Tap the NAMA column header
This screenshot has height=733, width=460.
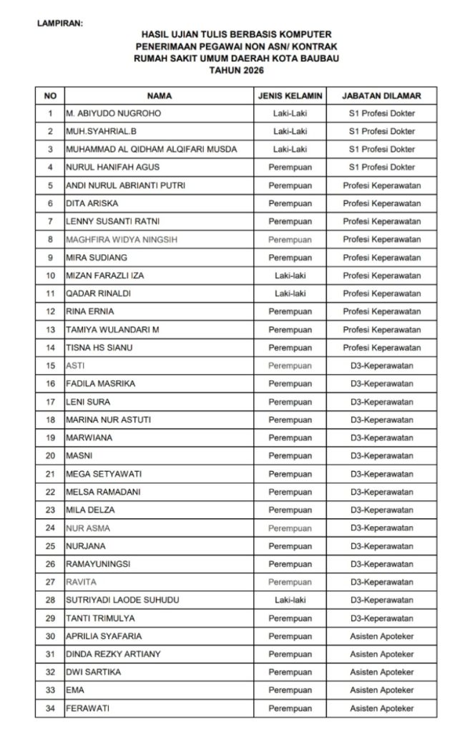(x=160, y=95)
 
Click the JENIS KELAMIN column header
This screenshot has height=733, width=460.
(x=290, y=95)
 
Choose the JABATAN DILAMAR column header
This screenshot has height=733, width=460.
(x=381, y=95)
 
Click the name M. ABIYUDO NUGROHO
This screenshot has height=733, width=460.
(x=113, y=113)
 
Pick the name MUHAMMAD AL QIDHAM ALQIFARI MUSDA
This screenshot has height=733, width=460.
(x=151, y=150)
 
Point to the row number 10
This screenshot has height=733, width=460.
(x=50, y=276)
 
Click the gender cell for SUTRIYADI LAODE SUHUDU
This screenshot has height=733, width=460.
(x=290, y=600)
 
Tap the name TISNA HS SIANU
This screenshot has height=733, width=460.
(x=99, y=348)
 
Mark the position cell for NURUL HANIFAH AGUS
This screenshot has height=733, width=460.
(x=381, y=168)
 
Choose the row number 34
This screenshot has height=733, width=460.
(x=50, y=709)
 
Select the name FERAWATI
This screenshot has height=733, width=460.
(x=90, y=709)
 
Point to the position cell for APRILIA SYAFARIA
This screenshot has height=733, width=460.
(x=381, y=636)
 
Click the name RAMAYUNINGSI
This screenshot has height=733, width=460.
(x=97, y=564)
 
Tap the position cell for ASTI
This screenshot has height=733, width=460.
(x=381, y=366)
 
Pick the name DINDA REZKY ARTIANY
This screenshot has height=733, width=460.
(x=113, y=654)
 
